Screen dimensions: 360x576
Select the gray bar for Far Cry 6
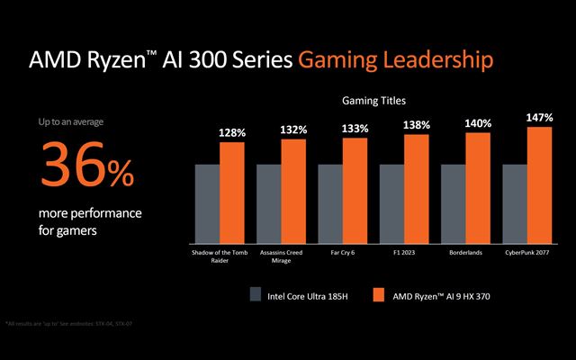[x=330, y=203]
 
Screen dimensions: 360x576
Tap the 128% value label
[x=232, y=133]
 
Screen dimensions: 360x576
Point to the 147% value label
[x=539, y=118]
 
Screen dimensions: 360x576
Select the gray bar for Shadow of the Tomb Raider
[x=207, y=203]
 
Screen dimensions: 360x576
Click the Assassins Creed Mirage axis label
[x=281, y=256]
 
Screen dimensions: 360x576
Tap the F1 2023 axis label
[x=403, y=252]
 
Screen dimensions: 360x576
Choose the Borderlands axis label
[x=464, y=252]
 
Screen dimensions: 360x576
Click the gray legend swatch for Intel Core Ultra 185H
[x=256, y=293]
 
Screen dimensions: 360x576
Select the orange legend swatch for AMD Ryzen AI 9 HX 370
[x=377, y=293]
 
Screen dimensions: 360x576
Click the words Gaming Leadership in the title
[x=395, y=60]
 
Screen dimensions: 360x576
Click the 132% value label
[x=293, y=130]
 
